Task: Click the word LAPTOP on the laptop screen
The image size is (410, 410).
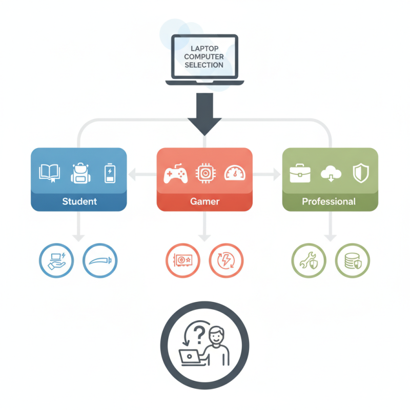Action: (204, 49)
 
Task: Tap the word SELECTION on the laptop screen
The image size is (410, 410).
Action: (204, 65)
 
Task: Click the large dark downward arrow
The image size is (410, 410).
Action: (204, 114)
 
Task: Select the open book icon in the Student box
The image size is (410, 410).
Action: (49, 173)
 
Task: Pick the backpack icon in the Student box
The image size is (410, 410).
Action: (80, 173)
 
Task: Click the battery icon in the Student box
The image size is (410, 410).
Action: (110, 173)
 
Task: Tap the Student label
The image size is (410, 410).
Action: (79, 201)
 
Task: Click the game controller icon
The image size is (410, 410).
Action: (175, 173)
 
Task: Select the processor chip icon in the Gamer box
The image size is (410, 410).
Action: (206, 173)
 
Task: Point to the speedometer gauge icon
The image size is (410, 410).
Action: (235, 173)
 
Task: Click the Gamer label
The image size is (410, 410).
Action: (204, 201)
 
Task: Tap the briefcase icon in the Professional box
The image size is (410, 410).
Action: (300, 173)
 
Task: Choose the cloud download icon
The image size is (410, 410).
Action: (331, 174)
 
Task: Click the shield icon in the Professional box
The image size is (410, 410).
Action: (361, 173)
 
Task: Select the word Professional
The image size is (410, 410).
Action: (329, 201)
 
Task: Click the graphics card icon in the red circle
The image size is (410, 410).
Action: (183, 260)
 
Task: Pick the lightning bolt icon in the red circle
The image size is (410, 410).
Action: (226, 260)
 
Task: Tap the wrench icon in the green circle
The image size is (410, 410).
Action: (309, 260)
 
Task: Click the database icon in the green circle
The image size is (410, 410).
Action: (353, 261)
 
